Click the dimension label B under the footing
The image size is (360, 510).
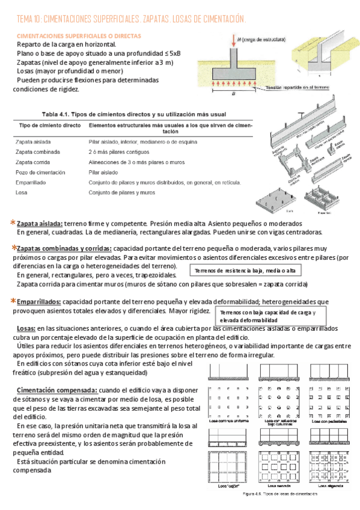point(233,94)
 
